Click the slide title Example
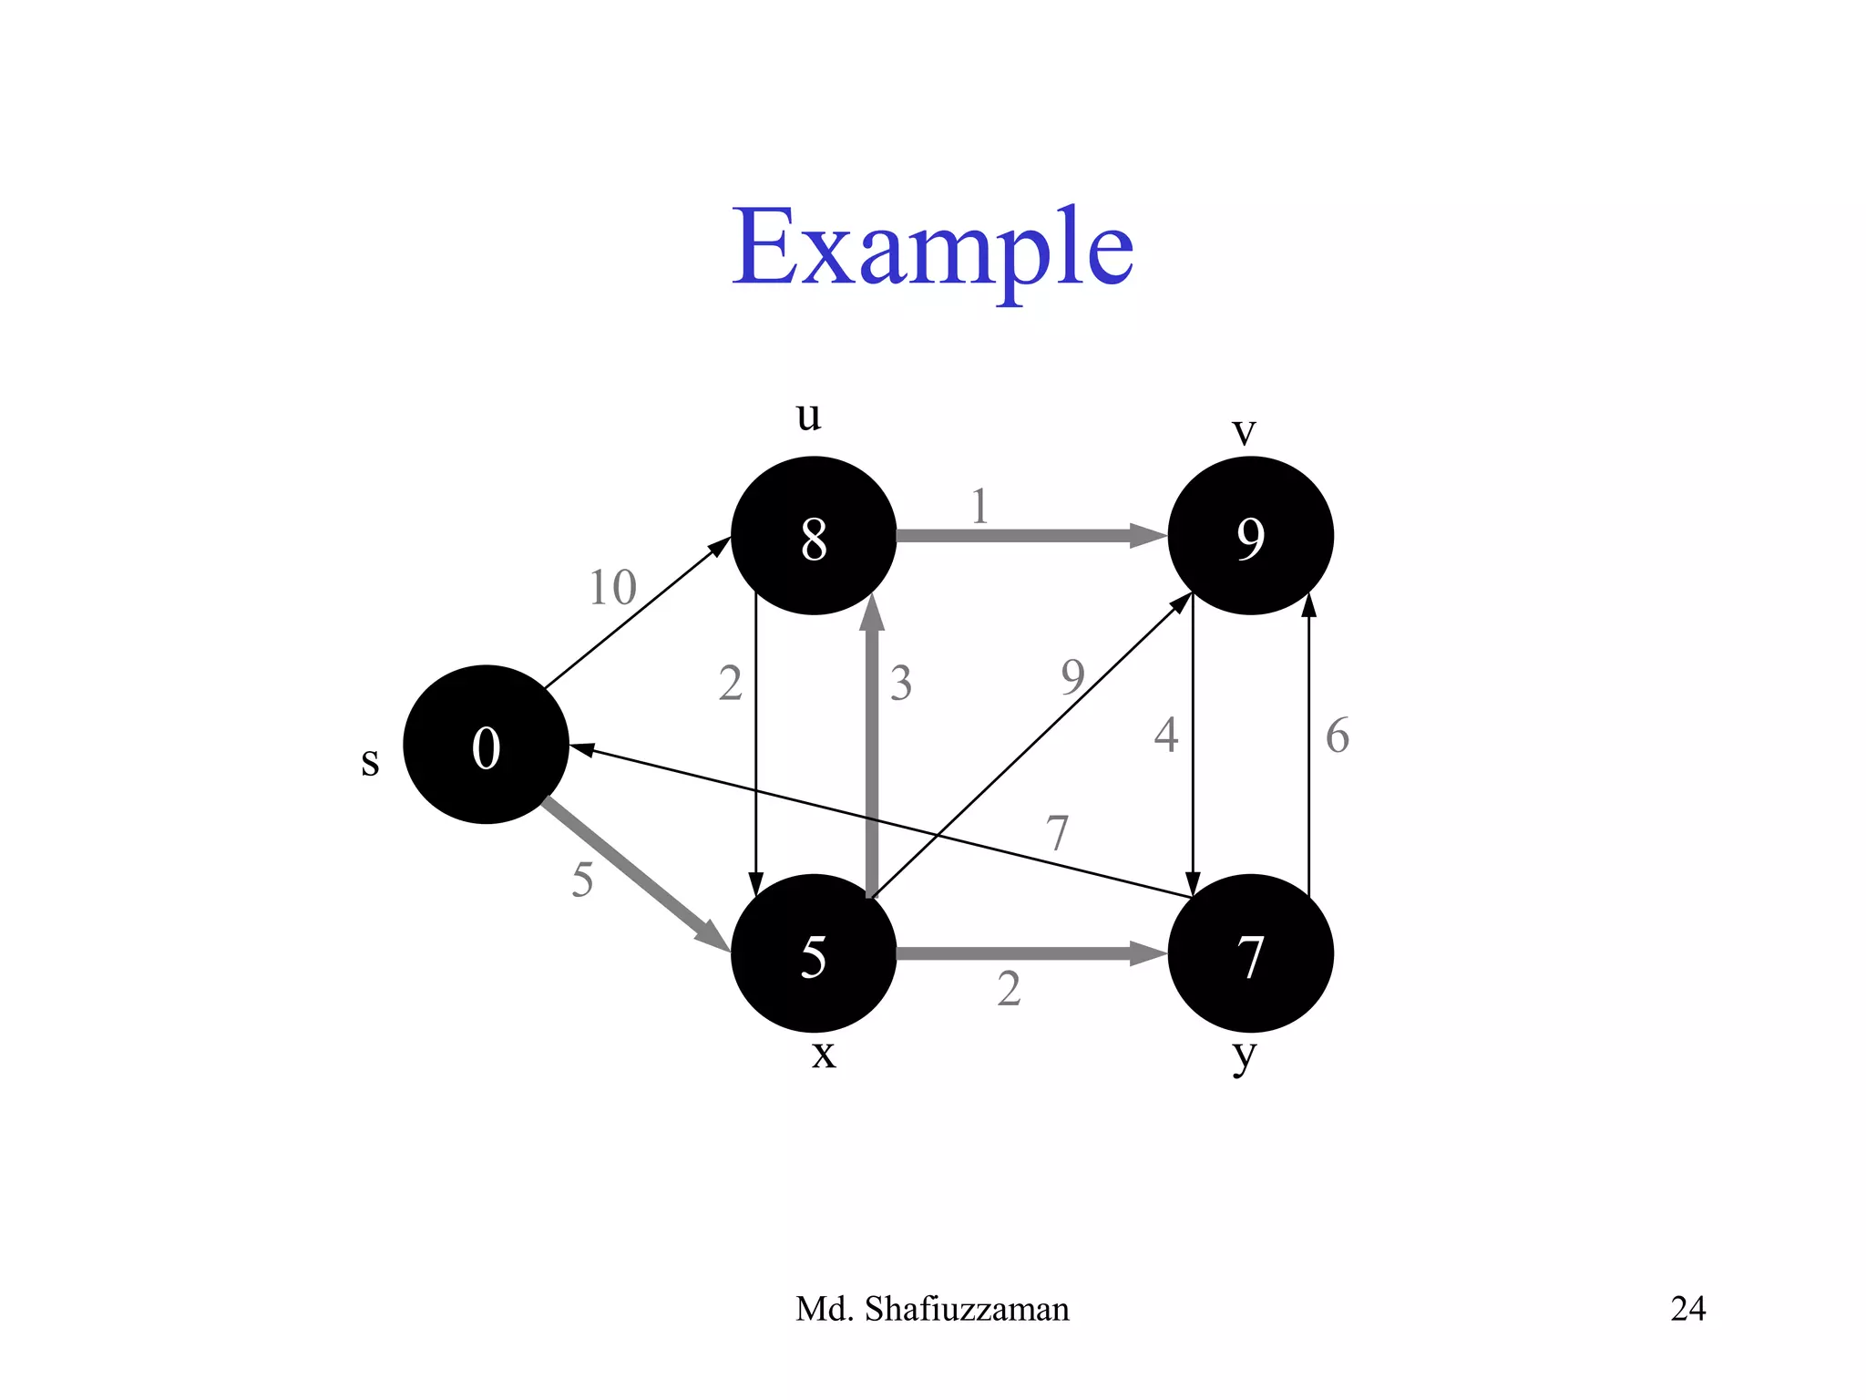tap(932, 248)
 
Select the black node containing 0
tap(486, 745)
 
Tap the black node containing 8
tap(814, 536)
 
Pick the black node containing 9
tap(1250, 536)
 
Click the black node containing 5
tap(814, 953)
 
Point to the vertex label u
tap(808, 416)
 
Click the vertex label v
tap(1244, 430)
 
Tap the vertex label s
tap(369, 760)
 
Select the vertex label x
tap(823, 1055)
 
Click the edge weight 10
tap(612, 587)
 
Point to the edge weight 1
tap(979, 506)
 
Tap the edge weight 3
tap(901, 683)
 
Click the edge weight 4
tap(1165, 735)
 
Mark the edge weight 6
tap(1337, 736)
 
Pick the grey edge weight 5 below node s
tap(582, 880)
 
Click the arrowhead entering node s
tap(581, 750)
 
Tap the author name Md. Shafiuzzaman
tap(932, 1309)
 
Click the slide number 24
tap(1687, 1309)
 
